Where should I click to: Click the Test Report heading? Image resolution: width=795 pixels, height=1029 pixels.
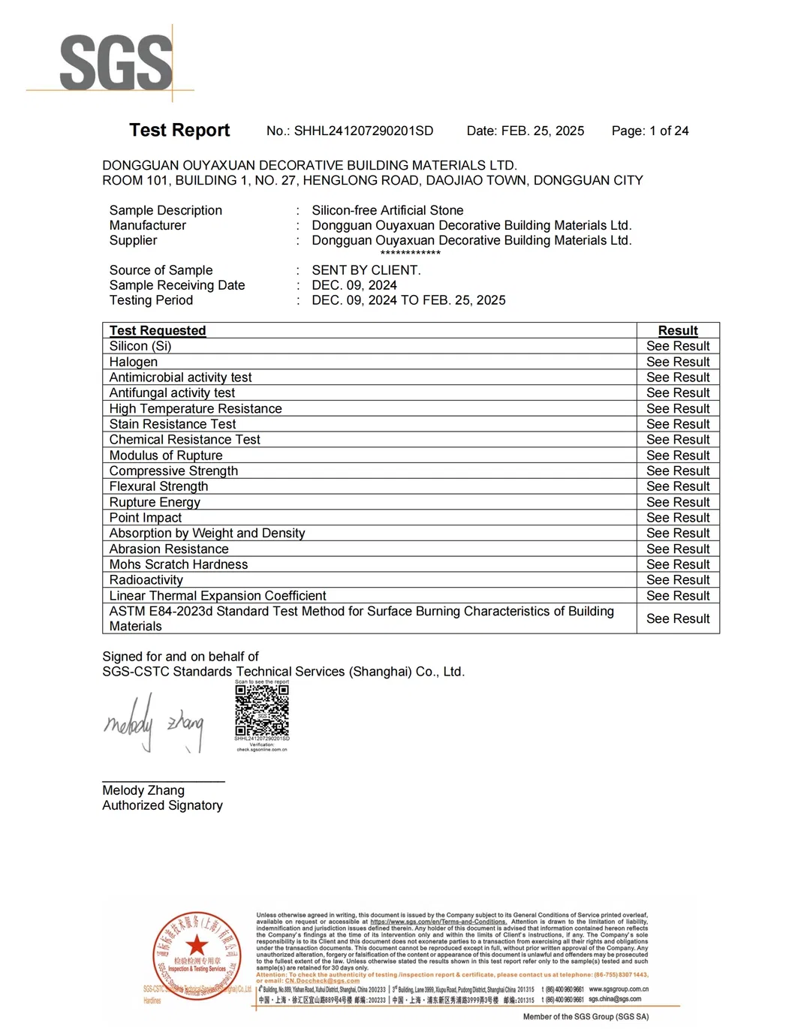pos(179,131)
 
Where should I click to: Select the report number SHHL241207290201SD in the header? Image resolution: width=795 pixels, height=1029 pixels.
pos(363,131)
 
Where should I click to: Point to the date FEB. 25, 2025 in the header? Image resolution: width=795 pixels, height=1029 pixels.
pos(542,131)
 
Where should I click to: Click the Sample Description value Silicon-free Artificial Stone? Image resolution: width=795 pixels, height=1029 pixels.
pos(387,211)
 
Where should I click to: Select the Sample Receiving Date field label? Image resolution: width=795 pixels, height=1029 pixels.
pos(177,285)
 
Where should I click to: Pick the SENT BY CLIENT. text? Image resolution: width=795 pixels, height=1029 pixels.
pos(366,270)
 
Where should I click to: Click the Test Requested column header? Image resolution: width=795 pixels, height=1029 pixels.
pos(158,331)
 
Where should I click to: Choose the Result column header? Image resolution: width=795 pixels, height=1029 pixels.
pos(678,331)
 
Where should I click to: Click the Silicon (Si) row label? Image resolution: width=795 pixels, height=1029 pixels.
pos(140,346)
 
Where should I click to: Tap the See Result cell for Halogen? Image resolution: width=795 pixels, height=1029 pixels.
pos(678,362)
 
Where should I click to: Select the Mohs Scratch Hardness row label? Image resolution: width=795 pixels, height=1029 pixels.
pos(179,564)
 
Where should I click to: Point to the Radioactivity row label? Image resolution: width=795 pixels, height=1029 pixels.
pos(146,580)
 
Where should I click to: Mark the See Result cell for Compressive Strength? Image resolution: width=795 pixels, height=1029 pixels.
pos(678,471)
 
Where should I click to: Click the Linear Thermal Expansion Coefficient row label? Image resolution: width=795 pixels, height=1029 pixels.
pos(218,596)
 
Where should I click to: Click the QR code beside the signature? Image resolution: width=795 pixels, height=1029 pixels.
pos(262,710)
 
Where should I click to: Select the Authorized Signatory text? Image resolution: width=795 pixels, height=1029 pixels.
pos(162,805)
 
